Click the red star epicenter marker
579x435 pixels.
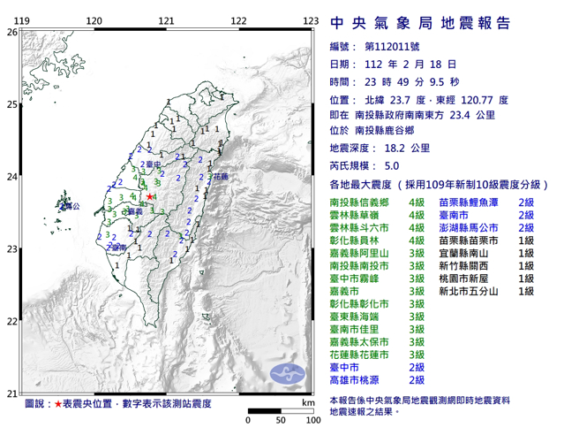[151, 196]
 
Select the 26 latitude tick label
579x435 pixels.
[11, 32]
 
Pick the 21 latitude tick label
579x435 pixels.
[11, 393]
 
